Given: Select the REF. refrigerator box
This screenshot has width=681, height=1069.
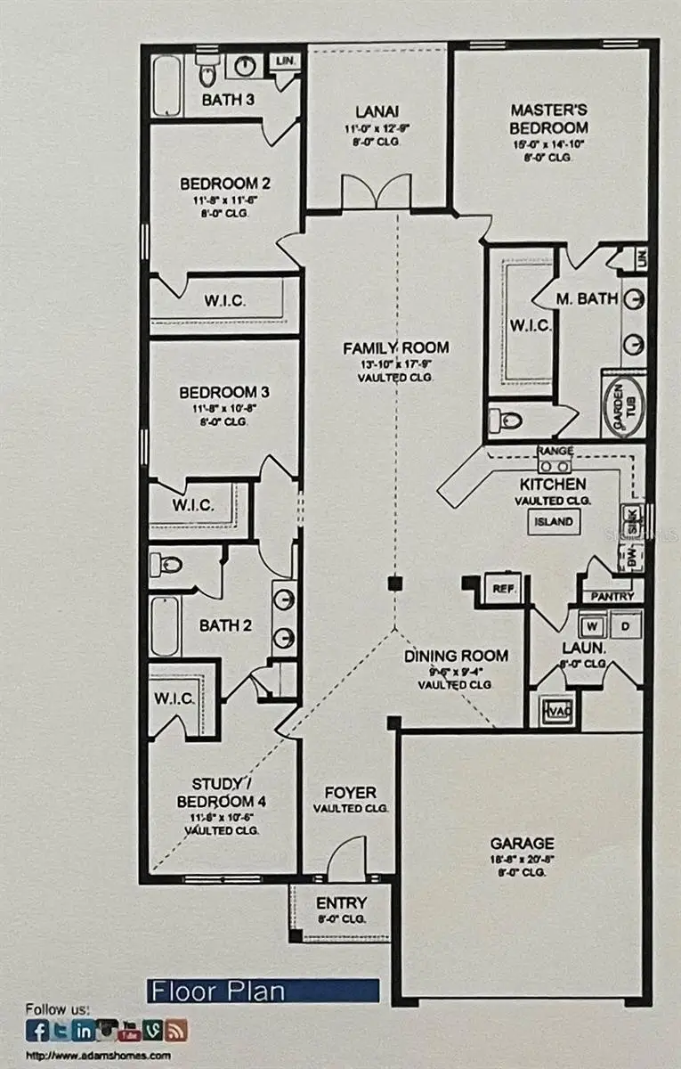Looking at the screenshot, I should tap(505, 589).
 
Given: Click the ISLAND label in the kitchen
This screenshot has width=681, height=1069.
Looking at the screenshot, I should tap(555, 523).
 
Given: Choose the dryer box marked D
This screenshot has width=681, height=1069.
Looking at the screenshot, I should tap(625, 625).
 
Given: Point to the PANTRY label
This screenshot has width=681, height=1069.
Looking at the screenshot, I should tap(612, 596).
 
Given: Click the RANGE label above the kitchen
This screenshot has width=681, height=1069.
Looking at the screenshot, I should tap(555, 452).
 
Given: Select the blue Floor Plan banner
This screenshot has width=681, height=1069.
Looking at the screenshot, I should tap(263, 991).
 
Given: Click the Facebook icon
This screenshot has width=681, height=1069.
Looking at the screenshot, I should tap(37, 1031).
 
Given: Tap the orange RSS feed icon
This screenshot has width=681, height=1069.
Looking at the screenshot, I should tap(177, 1031).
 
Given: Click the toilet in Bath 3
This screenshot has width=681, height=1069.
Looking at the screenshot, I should tap(207, 69).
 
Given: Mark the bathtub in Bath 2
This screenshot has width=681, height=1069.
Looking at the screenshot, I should tap(165, 626).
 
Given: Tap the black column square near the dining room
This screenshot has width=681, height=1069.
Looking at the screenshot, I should tap(394, 584).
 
